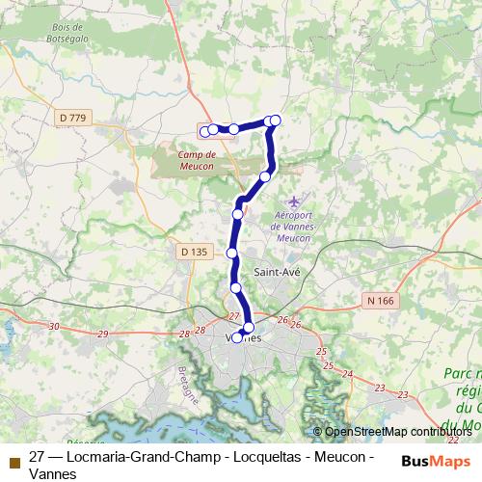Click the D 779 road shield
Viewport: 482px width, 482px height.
(x=72, y=118)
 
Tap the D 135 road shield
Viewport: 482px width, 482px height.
(x=194, y=252)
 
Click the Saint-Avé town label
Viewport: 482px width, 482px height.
(x=277, y=273)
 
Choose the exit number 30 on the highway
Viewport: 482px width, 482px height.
(x=53, y=327)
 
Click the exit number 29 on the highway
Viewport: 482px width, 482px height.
(x=103, y=333)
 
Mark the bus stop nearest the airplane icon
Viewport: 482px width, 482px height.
(x=265, y=176)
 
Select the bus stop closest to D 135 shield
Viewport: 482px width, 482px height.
(x=231, y=253)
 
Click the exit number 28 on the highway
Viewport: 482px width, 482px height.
(x=184, y=334)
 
